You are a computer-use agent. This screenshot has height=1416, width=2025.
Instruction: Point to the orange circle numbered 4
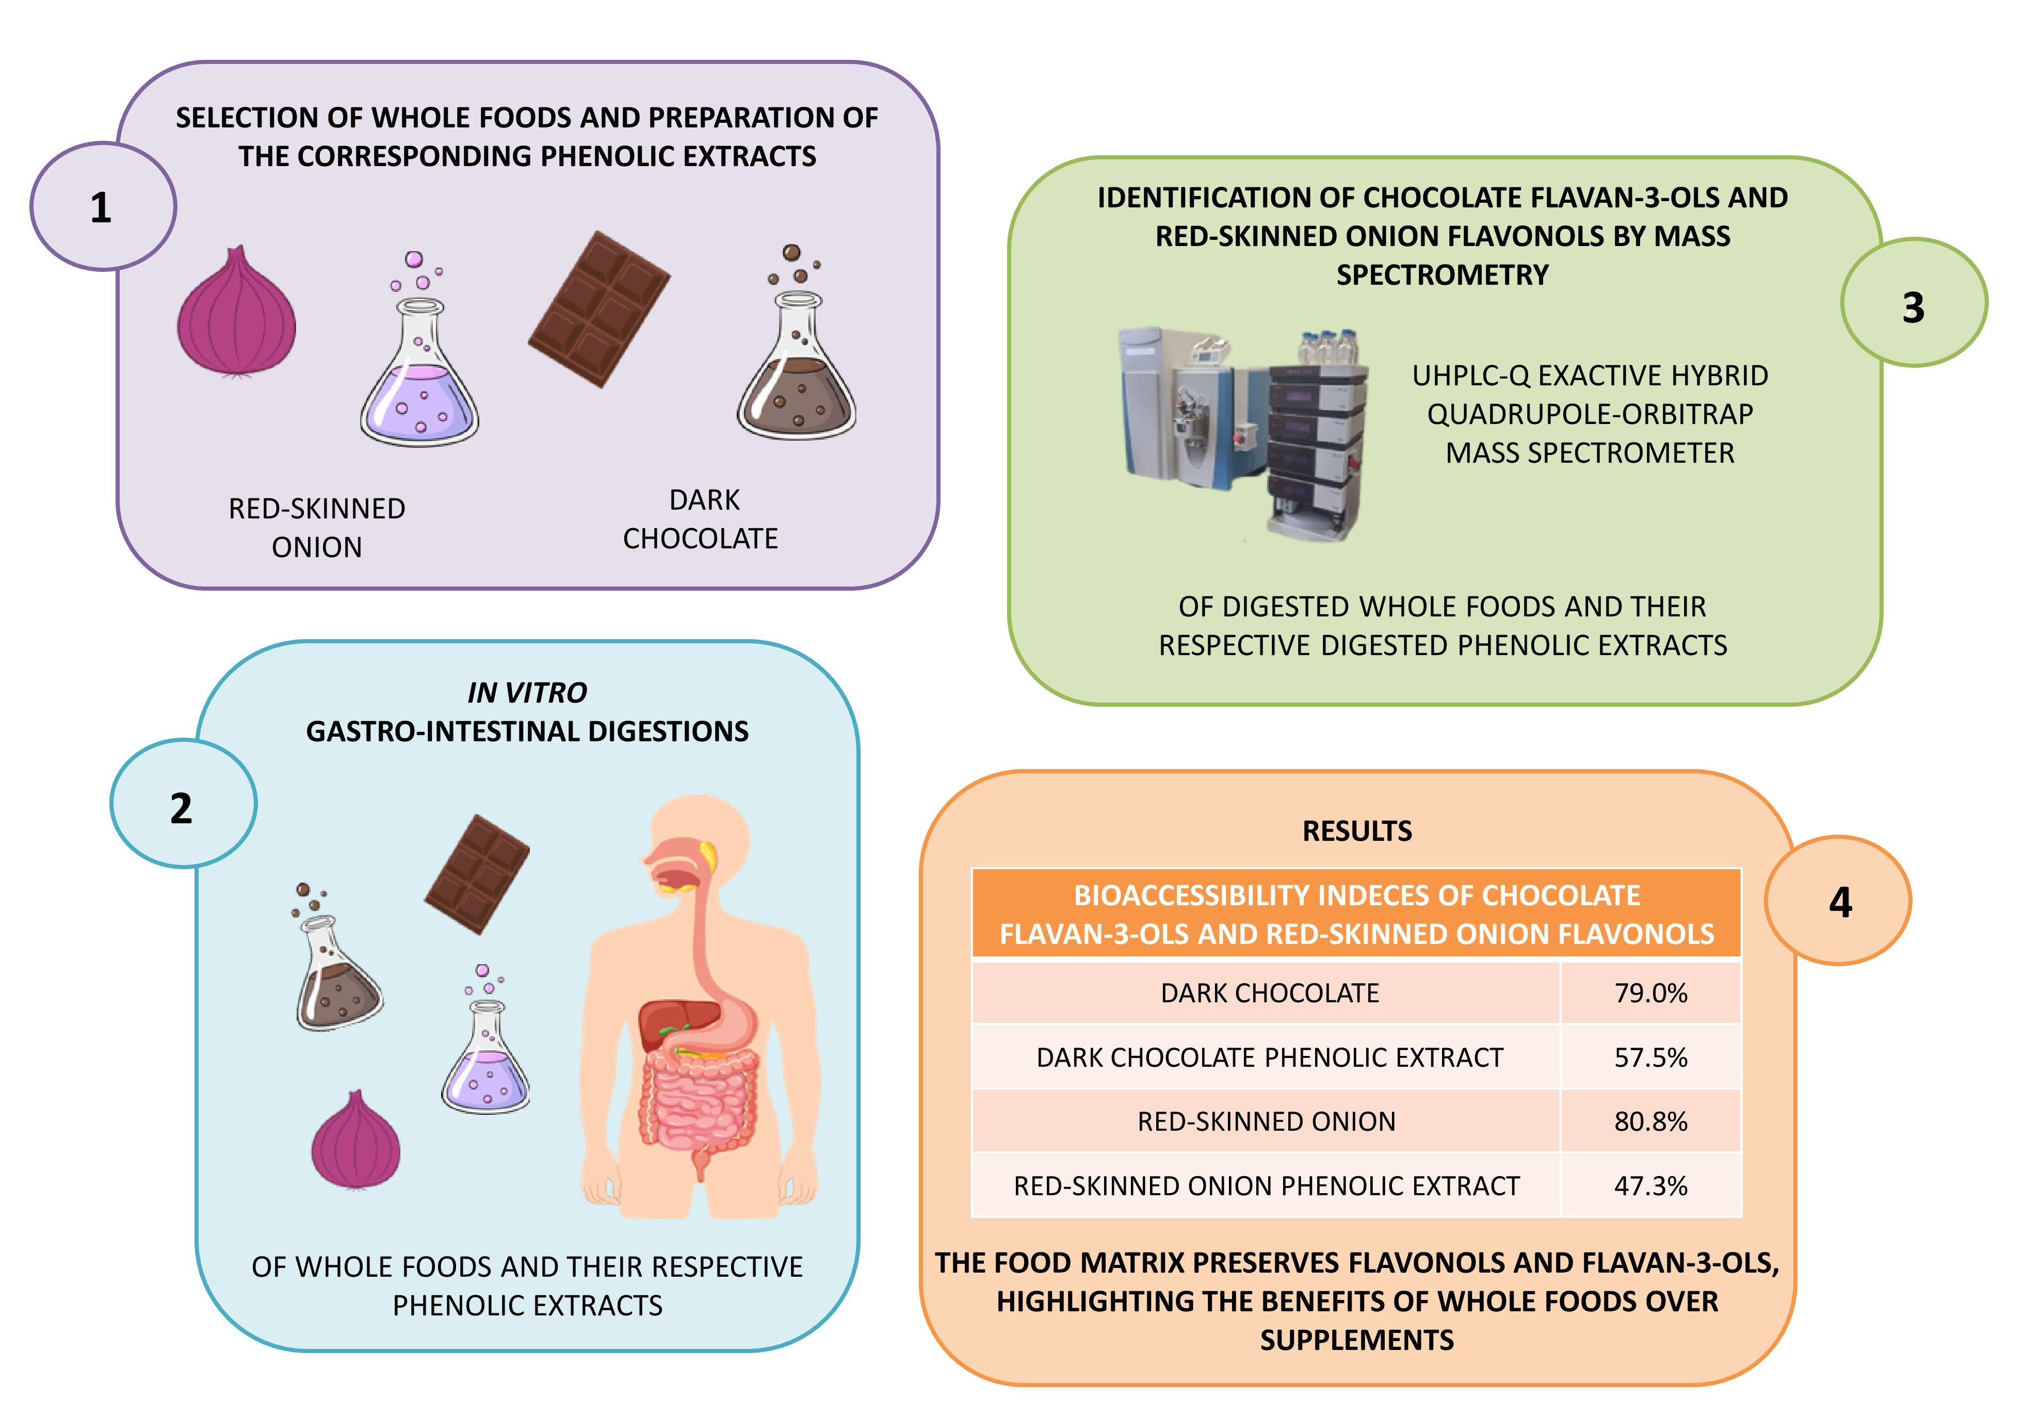tap(1839, 901)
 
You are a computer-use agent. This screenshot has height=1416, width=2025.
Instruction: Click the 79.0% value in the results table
tap(1650, 993)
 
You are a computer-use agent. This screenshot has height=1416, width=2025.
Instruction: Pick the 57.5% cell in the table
tap(1650, 1057)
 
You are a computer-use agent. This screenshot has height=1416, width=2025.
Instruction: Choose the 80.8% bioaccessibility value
tap(1650, 1121)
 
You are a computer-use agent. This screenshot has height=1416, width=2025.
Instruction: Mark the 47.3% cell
tap(1650, 1186)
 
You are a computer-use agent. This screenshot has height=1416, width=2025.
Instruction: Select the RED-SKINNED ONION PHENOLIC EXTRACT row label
tap(1267, 1186)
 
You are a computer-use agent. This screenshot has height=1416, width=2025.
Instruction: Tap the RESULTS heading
tap(1356, 831)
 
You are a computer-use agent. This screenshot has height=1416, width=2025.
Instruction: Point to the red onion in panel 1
tap(236, 313)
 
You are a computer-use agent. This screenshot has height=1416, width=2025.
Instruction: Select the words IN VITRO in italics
tap(527, 693)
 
